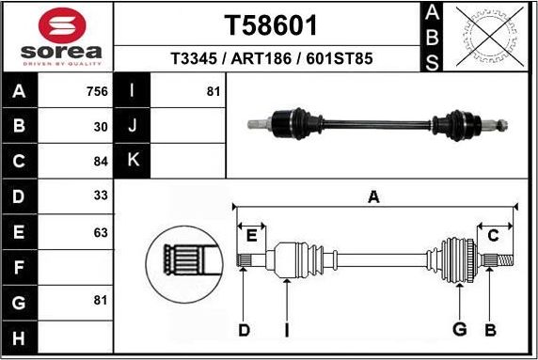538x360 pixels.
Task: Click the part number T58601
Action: (x=271, y=24)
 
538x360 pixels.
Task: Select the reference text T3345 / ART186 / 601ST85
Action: (x=271, y=58)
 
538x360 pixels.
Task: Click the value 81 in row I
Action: (x=213, y=92)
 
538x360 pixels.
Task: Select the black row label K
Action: (x=132, y=160)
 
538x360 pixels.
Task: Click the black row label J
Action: (x=132, y=125)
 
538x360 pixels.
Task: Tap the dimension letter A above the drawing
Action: (x=374, y=196)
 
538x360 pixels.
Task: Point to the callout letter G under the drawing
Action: (x=459, y=329)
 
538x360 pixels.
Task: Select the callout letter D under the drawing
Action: (x=244, y=329)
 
